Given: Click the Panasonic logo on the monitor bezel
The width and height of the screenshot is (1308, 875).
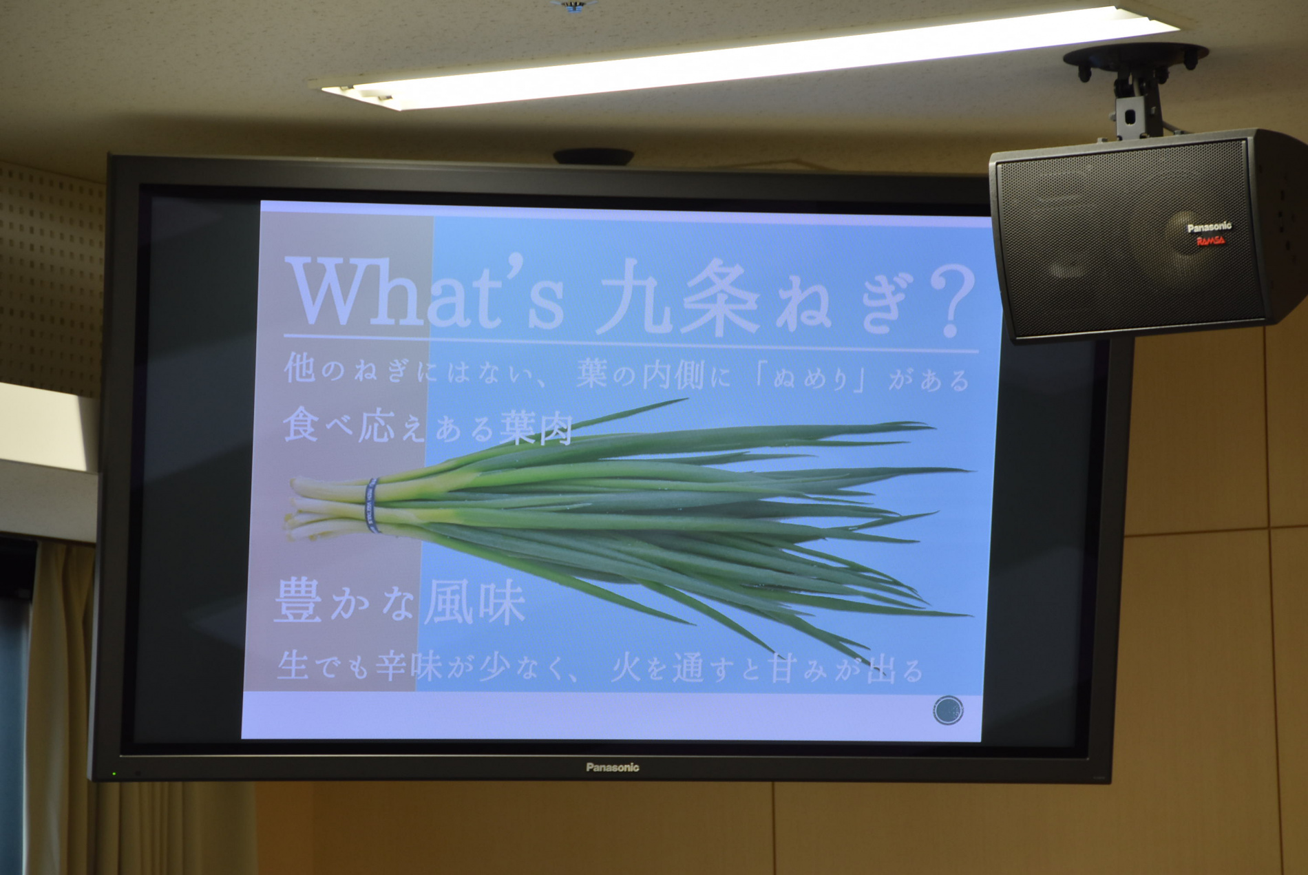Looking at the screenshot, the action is click(612, 767).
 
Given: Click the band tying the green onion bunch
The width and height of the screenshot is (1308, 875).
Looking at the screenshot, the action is click(372, 506).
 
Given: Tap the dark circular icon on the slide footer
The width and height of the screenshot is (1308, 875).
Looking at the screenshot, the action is click(948, 710).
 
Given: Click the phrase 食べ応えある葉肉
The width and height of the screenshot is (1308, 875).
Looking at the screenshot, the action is click(428, 425).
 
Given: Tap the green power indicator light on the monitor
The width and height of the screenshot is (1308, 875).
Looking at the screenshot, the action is click(114, 774).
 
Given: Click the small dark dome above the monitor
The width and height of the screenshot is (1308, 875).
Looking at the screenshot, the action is click(593, 157).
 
